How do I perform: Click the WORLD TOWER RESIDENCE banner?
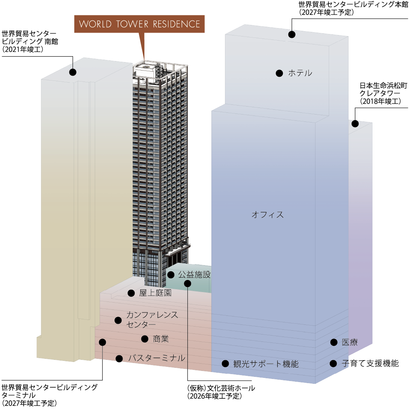coord(139,24)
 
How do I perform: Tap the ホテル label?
coord(300,73)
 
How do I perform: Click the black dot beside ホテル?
coord(279,73)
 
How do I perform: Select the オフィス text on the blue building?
coord(268,214)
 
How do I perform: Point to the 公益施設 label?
coord(194,275)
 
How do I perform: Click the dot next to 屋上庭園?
coord(131,293)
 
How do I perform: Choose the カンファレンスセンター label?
coord(152,320)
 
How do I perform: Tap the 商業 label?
coord(161,339)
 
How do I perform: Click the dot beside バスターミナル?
coord(119,359)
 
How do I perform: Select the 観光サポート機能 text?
coord(266,364)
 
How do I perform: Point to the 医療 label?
coord(350,342)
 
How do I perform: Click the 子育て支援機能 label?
coord(370,363)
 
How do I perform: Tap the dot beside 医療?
coord(334,342)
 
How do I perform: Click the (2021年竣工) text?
coord(23,50)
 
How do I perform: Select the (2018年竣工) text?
coord(380,101)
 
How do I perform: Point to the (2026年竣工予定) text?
coord(215,396)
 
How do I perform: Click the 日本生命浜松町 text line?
coord(383,85)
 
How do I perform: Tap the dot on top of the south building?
coord(73,72)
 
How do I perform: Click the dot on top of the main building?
coord(292,34)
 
